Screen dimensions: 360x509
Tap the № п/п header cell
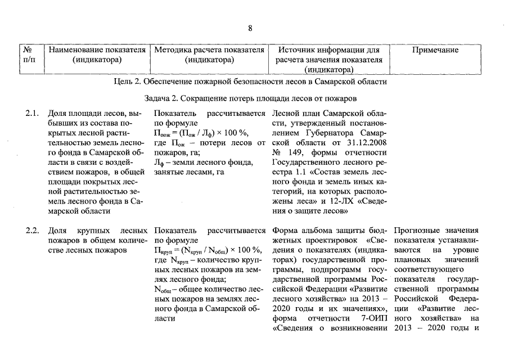pyautogui.click(x=29, y=55)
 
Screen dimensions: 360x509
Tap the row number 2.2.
pyautogui.click(x=31, y=230)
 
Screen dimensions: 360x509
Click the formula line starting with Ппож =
pyautogui.click(x=200, y=133)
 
